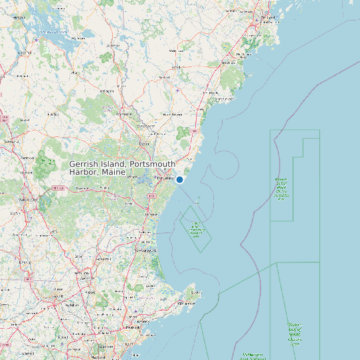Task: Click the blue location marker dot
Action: point(179,179)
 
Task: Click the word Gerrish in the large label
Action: point(85,164)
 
